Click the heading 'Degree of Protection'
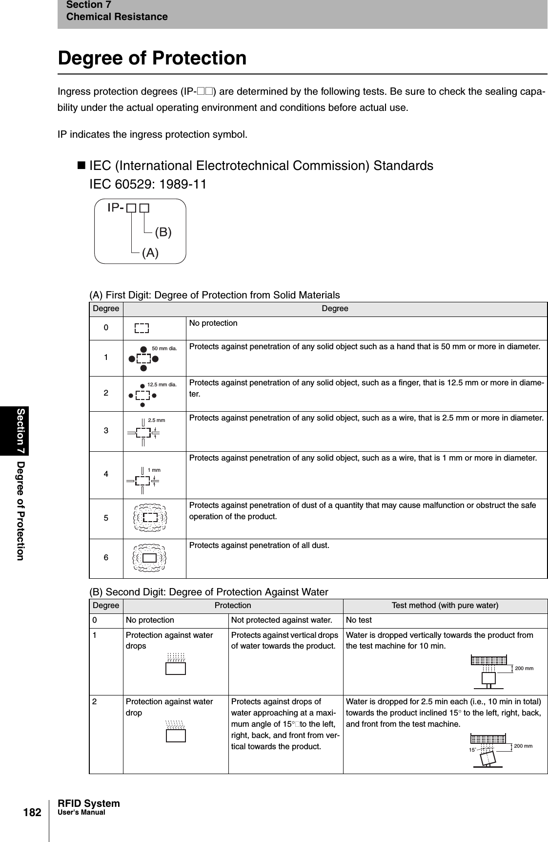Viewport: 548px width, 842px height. pos(152,58)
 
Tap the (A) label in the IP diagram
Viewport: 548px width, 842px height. pos(150,253)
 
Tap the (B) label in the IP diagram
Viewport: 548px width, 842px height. pos(163,232)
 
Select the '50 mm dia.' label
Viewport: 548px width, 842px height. pos(164,349)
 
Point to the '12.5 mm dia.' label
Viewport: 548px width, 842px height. pos(162,384)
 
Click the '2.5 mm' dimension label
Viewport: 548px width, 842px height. pos(156,420)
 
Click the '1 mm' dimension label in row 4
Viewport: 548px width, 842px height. pos(154,470)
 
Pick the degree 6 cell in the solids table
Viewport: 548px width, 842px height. pos(106,558)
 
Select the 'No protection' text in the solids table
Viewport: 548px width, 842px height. pos(213,323)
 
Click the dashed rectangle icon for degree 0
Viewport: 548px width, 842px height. pos(142,328)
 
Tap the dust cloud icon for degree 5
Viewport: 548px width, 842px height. pos(150,517)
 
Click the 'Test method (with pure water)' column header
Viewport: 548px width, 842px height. pos(445,606)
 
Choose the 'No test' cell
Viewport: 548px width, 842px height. pos(359,620)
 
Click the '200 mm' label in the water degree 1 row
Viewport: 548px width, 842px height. pos(524,668)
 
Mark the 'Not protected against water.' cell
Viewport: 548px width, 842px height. pos(282,620)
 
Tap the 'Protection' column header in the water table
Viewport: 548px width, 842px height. pos(233,606)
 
